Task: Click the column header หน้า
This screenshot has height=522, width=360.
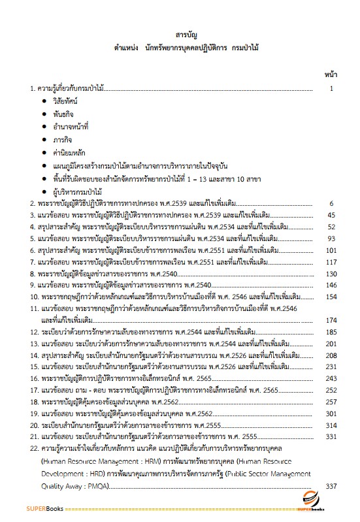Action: pyautogui.click(x=331, y=74)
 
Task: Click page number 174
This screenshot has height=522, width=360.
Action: pyautogui.click(x=330, y=320)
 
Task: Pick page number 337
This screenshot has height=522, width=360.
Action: pyautogui.click(x=330, y=485)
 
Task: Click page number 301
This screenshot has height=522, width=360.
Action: pyautogui.click(x=330, y=414)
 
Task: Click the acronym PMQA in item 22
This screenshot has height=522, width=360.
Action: pyautogui.click(x=97, y=486)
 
